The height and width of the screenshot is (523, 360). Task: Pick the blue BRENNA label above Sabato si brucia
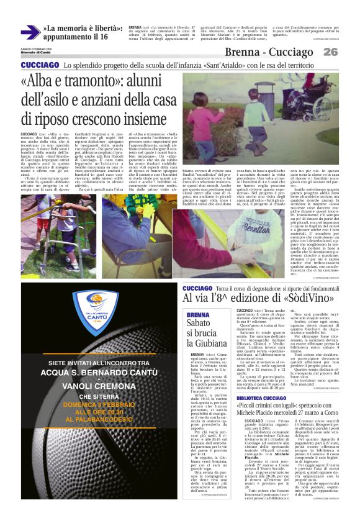[198, 316]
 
